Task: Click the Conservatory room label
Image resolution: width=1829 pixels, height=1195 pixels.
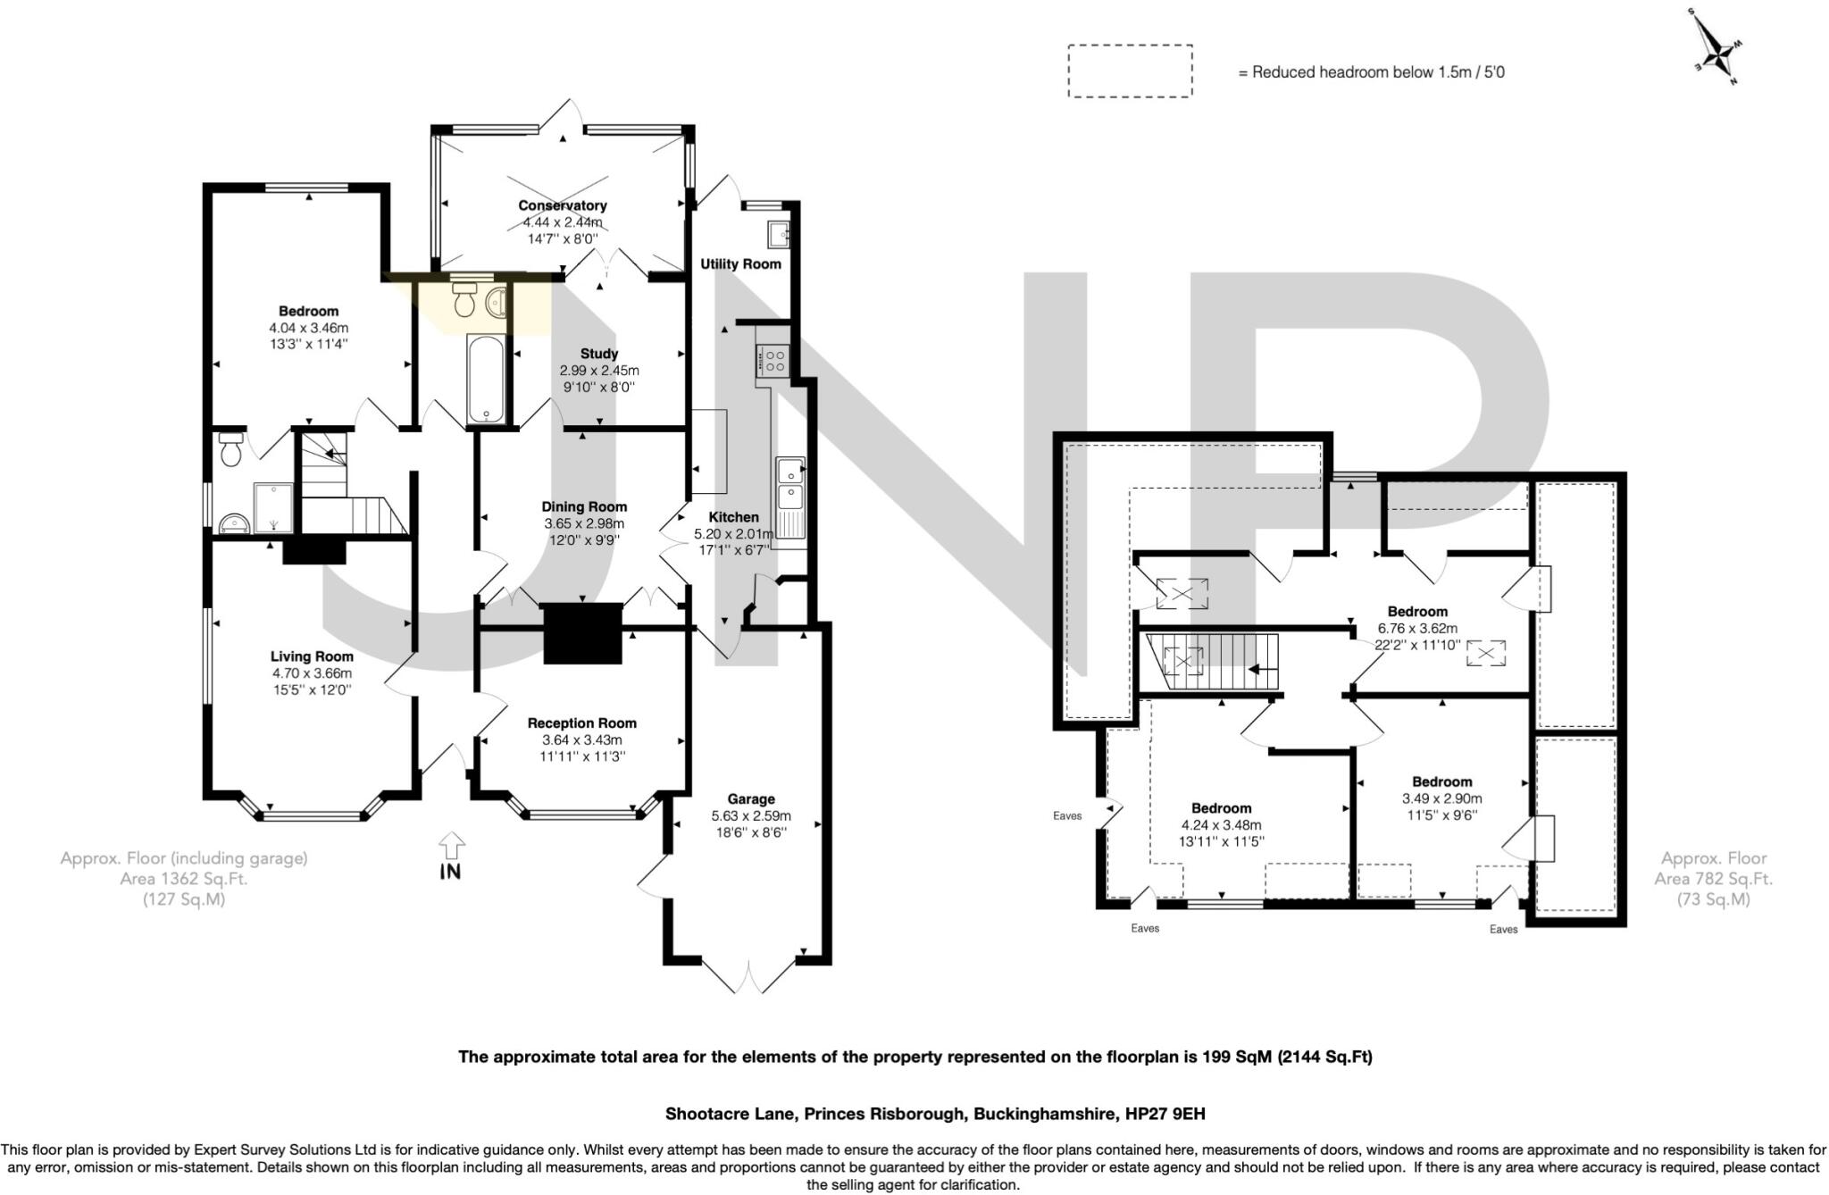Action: click(563, 205)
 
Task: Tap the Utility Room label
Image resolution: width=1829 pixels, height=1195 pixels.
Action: click(740, 263)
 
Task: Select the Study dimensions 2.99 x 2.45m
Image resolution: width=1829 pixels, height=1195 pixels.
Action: click(599, 371)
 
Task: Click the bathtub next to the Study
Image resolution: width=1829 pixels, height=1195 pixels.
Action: click(487, 378)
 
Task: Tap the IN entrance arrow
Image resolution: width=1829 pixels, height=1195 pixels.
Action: click(452, 847)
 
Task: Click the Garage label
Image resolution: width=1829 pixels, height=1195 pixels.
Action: click(751, 798)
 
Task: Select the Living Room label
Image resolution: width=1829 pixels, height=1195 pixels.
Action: click(313, 656)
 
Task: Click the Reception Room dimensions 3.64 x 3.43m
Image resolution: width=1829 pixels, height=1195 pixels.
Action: click(581, 740)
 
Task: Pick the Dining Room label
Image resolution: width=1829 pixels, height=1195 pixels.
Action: click(584, 506)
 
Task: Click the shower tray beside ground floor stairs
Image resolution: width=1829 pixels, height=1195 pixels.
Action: click(273, 507)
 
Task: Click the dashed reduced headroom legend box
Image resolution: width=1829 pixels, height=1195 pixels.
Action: click(1130, 71)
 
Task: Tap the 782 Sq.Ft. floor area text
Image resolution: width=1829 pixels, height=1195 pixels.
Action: click(1713, 879)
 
